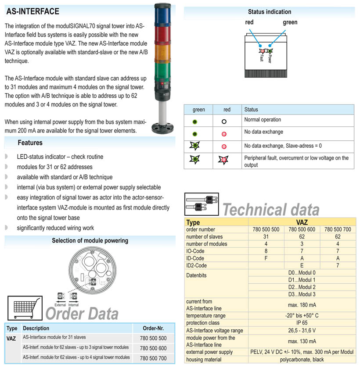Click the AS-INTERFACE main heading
pyautogui.click(x=32, y=11)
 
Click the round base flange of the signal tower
pyautogui.click(x=163, y=128)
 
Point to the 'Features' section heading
pyautogui.click(x=30, y=143)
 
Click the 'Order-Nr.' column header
pyautogui.click(x=154, y=328)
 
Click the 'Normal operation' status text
pyautogui.click(x=263, y=120)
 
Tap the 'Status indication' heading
pyautogui.click(x=269, y=12)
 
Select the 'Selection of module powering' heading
pyautogui.click(x=90, y=240)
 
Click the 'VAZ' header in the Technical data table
pyautogui.click(x=302, y=222)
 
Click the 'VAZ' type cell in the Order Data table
pyautogui.click(x=11, y=338)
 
